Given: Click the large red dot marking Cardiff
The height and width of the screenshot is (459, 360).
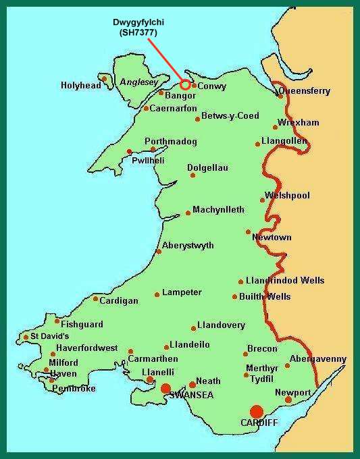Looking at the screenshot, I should [256, 411].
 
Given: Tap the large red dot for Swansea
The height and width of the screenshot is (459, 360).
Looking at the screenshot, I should [165, 387].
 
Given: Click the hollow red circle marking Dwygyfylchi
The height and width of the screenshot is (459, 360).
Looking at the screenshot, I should [185, 86].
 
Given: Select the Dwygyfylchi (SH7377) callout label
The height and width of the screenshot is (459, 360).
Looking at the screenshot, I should [138, 27].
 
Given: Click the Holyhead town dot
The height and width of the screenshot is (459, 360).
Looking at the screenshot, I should [105, 78].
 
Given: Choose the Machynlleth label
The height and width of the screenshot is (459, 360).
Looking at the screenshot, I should [218, 210].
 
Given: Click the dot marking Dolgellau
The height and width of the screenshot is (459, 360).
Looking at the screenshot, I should [192, 175].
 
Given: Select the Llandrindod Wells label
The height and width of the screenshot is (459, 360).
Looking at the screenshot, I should [285, 281].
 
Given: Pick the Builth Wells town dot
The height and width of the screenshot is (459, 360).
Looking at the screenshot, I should [234, 296].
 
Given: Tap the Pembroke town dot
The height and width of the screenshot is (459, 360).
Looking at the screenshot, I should [52, 380].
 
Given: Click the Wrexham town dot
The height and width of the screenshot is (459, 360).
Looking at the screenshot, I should [276, 127].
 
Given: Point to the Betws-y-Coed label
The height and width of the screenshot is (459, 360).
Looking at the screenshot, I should [230, 116].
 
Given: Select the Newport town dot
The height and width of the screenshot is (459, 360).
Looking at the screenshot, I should [288, 400].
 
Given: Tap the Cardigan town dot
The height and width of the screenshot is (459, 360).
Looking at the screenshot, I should [95, 298].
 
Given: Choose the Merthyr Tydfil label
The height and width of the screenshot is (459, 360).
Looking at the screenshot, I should [261, 373].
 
